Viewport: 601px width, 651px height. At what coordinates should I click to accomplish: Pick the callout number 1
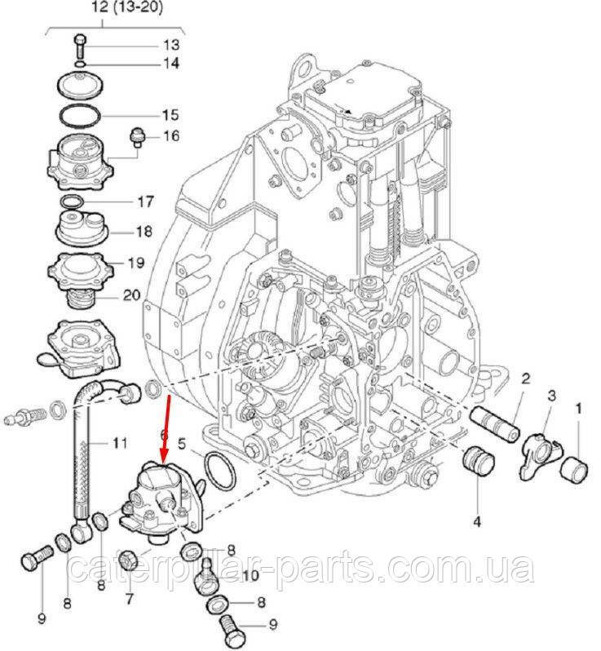(x=580, y=406)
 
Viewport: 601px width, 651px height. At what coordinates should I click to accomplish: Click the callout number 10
(x=250, y=577)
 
